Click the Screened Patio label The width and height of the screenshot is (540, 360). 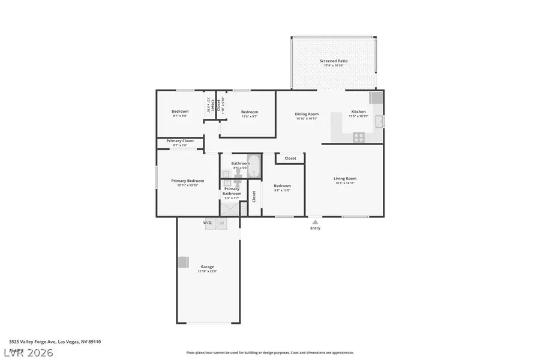point(334,61)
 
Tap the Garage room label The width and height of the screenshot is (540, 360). point(206,267)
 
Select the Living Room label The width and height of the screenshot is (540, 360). point(345,178)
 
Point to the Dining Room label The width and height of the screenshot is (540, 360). point(307,114)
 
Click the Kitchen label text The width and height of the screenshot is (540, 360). point(358,112)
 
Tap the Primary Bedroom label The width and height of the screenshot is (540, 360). point(187,181)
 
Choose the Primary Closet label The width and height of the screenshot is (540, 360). point(180,140)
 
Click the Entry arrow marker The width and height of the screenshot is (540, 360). point(315,221)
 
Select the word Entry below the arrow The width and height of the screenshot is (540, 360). point(315,228)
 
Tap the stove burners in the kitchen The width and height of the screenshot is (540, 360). point(358,136)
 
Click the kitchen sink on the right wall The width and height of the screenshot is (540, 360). point(378,122)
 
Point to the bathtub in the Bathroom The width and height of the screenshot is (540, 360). point(254,166)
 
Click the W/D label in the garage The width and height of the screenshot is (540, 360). point(208,223)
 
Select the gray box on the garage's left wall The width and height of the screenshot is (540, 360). point(182,262)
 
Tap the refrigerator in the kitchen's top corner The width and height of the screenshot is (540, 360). point(376,97)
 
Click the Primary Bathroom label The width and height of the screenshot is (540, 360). point(232,191)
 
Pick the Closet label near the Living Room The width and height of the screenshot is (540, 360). point(290,158)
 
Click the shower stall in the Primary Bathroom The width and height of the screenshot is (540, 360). point(229,209)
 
